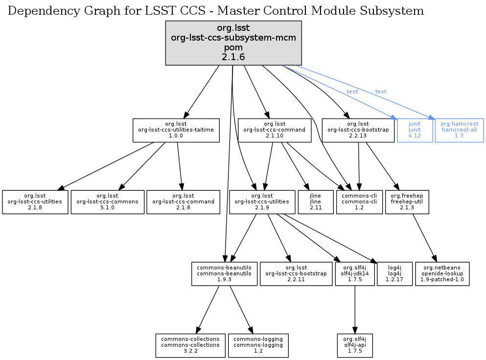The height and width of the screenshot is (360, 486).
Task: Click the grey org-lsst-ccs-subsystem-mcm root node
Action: pos(233,43)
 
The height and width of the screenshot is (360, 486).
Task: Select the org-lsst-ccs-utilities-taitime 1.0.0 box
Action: pos(176,130)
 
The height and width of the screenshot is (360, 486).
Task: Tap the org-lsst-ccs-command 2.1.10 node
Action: pos(274,130)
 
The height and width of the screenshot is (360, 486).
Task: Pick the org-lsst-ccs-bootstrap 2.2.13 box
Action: pos(358,130)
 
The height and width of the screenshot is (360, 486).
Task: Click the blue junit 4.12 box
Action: pos(415,130)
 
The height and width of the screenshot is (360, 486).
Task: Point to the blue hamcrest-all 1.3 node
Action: pos(459,130)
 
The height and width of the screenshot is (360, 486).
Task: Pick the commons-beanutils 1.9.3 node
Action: pos(224,274)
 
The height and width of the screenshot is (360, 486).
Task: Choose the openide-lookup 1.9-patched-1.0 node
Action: pos(442,274)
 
